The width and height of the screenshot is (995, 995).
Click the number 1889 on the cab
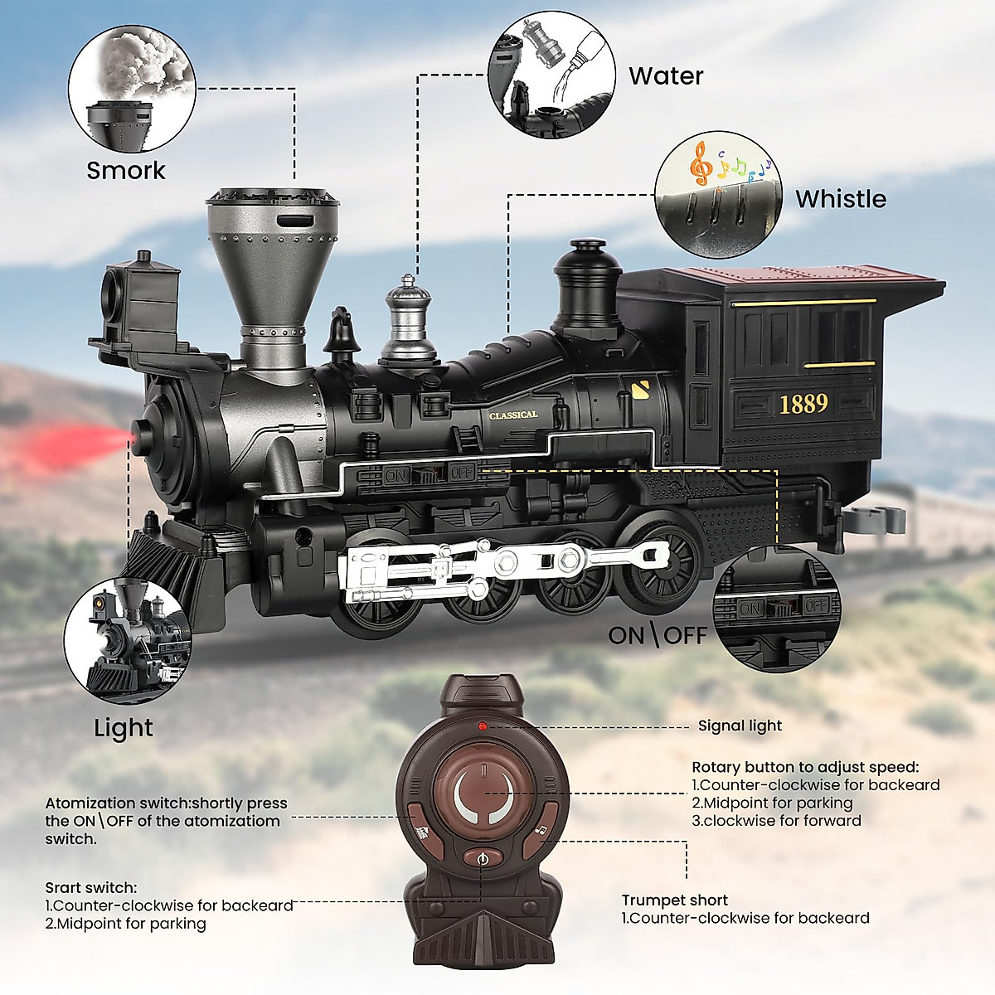803,404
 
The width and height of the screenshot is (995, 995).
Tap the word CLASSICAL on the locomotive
513,415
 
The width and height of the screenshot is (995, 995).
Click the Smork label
126,171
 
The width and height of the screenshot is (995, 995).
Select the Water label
666,76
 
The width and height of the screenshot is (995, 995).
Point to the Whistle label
841,199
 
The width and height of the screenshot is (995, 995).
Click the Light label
124,728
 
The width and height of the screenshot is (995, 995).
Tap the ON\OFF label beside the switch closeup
658,636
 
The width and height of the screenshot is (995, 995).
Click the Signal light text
740,726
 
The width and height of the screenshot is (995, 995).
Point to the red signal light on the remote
483,726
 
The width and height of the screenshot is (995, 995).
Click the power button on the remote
483,860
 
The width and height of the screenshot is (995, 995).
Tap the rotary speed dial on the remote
483,793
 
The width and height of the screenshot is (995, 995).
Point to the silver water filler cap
408,319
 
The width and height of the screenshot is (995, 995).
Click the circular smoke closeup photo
131,90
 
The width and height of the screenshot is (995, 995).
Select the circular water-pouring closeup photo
551,74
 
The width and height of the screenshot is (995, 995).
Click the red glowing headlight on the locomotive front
135,434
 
